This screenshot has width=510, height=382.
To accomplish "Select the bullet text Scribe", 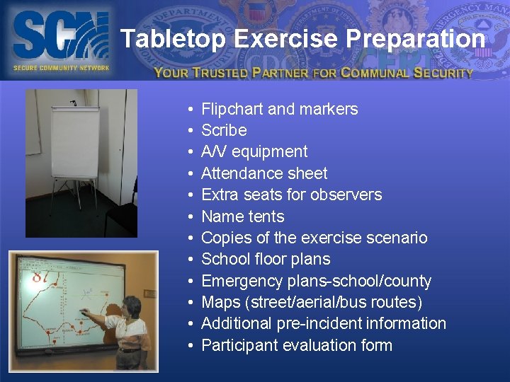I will (x=224, y=130).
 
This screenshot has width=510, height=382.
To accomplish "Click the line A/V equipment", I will (x=254, y=151).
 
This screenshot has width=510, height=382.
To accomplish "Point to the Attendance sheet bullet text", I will (x=264, y=173).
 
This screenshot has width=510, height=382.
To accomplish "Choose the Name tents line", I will (x=242, y=216).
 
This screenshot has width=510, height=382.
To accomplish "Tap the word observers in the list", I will (x=348, y=195).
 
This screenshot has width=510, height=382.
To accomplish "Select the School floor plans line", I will (x=266, y=259).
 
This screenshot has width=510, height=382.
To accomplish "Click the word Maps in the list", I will (x=221, y=303).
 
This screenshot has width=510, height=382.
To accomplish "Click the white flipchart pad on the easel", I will (x=74, y=141).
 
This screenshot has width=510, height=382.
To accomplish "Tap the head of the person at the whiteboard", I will (x=132, y=307).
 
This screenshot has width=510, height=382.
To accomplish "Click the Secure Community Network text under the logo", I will (x=61, y=68).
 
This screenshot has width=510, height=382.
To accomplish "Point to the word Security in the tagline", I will (x=443, y=72).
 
